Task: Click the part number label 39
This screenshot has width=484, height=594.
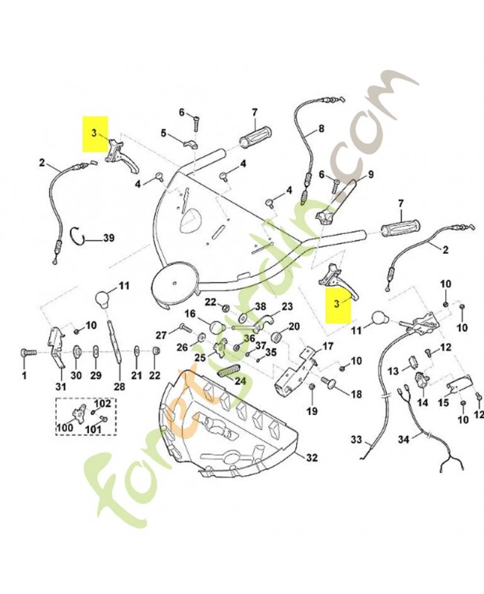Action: (108, 238)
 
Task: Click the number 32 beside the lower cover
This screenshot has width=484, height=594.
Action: (311, 457)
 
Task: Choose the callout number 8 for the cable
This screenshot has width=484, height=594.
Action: (321, 128)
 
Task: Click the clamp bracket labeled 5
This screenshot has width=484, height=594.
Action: (189, 144)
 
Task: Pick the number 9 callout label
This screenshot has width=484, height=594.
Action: (370, 174)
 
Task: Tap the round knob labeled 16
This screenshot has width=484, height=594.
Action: (215, 326)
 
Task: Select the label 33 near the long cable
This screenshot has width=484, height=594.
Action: (356, 440)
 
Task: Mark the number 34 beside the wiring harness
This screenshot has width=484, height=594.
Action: (404, 440)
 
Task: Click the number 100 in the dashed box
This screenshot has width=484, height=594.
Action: (65, 428)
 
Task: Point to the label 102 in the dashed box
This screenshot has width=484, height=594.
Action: (102, 404)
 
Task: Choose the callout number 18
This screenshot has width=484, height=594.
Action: (356, 394)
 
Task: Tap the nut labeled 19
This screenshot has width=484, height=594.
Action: (312, 386)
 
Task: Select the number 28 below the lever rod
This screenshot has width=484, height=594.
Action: (119, 386)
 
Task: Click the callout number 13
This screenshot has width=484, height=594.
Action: (393, 371)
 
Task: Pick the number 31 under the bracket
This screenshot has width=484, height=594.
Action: (61, 386)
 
